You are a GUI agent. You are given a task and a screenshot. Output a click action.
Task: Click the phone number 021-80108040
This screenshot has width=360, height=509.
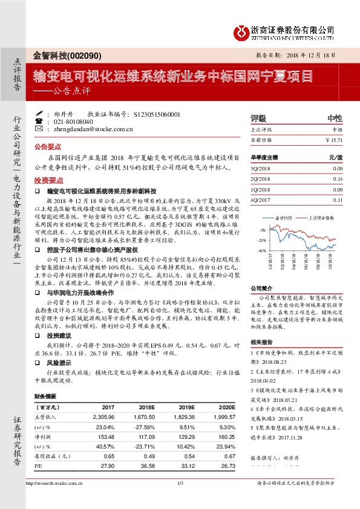click(x=73, y=122)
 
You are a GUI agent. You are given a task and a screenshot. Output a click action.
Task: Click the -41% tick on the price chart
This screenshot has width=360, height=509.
click(x=262, y=250)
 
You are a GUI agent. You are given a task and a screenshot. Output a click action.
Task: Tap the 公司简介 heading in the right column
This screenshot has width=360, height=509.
click(x=261, y=288)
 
